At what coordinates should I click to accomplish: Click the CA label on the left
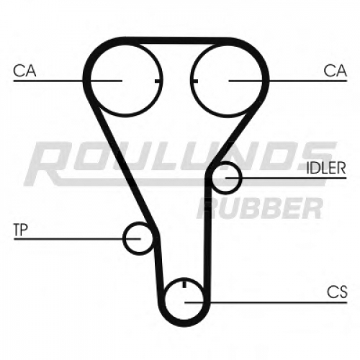(24, 71)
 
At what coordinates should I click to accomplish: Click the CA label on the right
(335, 71)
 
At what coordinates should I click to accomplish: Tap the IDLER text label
(326, 168)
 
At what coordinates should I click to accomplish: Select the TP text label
(21, 230)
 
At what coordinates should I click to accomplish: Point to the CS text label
(337, 292)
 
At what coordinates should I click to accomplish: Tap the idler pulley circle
(240, 178)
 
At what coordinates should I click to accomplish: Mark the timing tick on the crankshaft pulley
(184, 284)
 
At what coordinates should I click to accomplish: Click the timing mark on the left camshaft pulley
(158, 81)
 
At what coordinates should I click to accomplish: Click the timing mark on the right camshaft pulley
(194, 81)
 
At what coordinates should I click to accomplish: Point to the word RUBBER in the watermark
(259, 208)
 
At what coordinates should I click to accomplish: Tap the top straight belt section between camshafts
(176, 40)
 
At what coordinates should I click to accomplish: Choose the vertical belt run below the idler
(207, 240)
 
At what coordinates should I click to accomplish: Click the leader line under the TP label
(77, 239)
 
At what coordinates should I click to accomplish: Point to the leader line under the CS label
(266, 302)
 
